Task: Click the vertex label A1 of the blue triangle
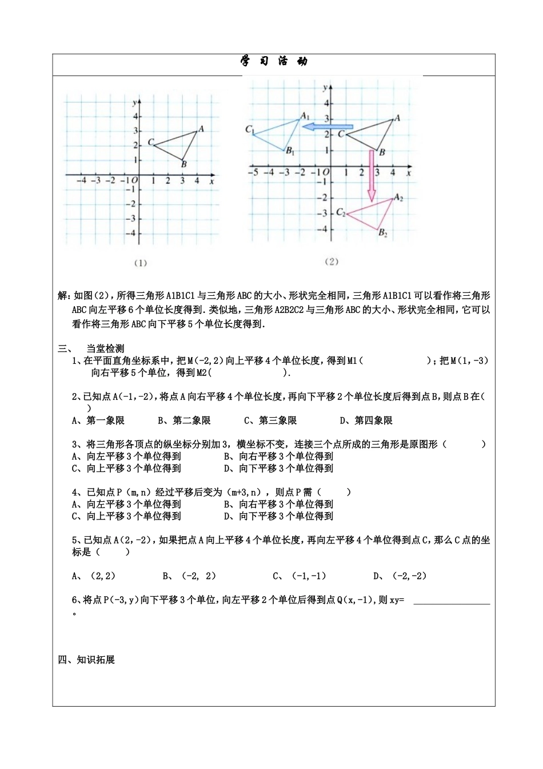(x=305, y=116)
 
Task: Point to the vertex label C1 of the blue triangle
(x=250, y=129)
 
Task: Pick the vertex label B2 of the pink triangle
(x=383, y=233)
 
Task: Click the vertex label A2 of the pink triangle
(x=398, y=198)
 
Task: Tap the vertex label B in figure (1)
(x=183, y=165)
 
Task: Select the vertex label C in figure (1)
(x=150, y=142)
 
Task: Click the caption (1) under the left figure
(x=141, y=263)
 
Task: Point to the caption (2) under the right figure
(x=332, y=261)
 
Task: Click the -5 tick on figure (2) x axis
(x=253, y=171)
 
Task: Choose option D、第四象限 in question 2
(x=366, y=421)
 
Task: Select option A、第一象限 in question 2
(x=98, y=421)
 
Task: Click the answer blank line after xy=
(x=451, y=602)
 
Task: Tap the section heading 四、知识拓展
(x=86, y=660)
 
